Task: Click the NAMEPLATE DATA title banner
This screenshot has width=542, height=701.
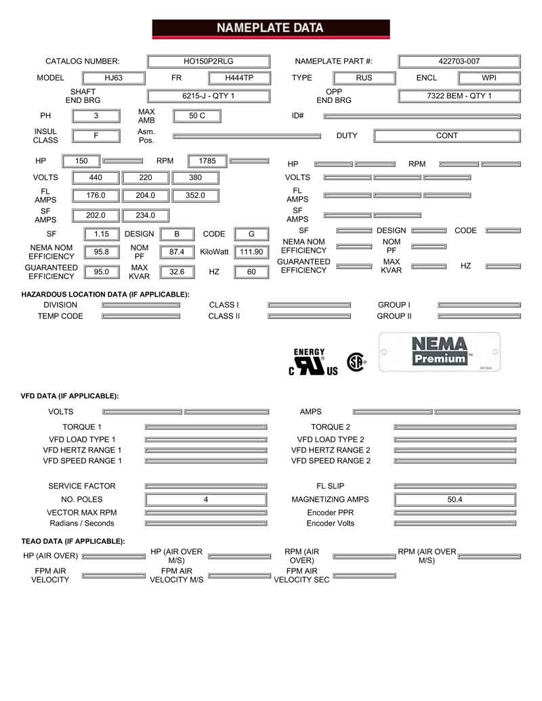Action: [x=270, y=28]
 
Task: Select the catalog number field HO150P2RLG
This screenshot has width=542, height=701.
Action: [x=208, y=61]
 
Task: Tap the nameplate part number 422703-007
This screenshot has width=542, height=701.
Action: [x=459, y=61]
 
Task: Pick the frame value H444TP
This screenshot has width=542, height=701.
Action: [x=238, y=78]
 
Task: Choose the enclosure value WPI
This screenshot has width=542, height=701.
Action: [x=489, y=78]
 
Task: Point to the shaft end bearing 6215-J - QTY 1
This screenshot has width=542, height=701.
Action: [x=208, y=96]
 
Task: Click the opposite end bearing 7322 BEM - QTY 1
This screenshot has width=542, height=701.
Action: [x=459, y=96]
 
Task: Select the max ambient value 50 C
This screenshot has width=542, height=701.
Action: [x=196, y=116]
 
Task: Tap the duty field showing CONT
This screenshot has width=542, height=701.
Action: [x=446, y=135]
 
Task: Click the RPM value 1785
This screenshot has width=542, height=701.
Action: [x=207, y=161]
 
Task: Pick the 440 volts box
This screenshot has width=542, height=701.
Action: [x=96, y=178]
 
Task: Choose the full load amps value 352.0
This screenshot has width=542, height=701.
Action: [x=196, y=195]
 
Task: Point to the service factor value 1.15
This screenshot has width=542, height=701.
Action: [x=102, y=234]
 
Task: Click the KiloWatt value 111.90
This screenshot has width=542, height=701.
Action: [x=251, y=252]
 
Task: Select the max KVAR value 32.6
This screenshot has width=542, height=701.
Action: [x=176, y=272]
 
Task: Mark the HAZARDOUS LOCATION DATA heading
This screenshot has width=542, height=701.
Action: [x=105, y=295]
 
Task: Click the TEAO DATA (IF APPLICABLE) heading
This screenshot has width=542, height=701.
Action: [x=73, y=541]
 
